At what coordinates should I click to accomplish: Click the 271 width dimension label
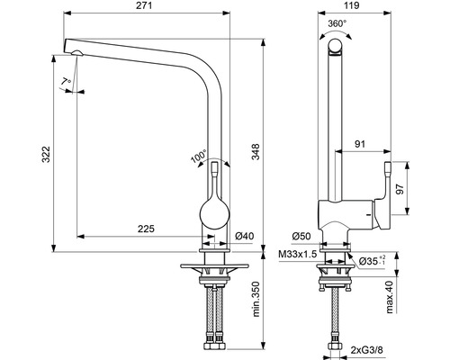coord(144,5)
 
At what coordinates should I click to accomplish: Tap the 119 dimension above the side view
coord(352,5)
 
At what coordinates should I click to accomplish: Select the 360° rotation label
coord(337,23)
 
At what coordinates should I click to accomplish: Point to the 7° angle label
coord(67,81)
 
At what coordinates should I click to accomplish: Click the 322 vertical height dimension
coord(45,155)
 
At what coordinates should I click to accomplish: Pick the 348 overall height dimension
coord(256,152)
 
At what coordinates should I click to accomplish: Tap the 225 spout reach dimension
coord(146,229)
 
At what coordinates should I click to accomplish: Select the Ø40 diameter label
coord(245,237)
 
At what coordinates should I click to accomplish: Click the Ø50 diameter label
coord(301,237)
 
